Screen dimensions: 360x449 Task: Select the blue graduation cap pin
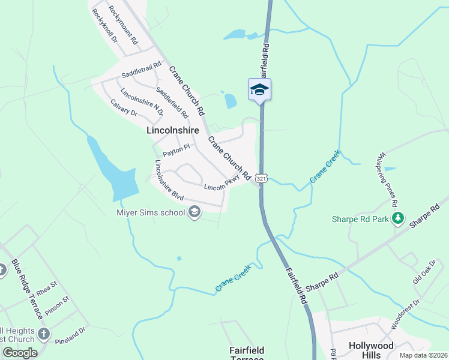pos(260,90)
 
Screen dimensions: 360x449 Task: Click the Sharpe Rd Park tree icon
pos(397,219)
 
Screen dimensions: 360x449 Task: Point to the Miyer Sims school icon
pos(194,211)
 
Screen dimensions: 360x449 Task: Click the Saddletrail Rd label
pos(142,70)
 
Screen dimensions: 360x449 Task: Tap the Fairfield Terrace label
pos(247,353)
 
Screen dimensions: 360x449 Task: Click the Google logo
pos(20,353)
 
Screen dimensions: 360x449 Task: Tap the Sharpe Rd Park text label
pos(361,219)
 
